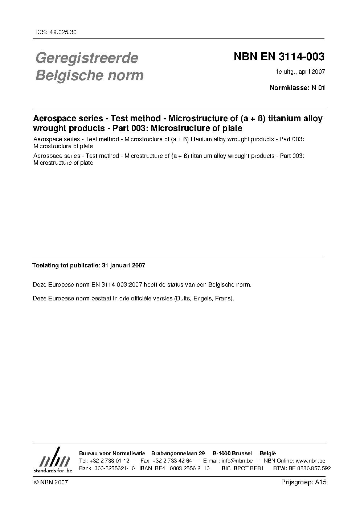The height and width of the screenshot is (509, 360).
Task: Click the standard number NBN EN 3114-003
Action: click(279, 57)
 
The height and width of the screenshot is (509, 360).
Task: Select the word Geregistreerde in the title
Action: click(87, 58)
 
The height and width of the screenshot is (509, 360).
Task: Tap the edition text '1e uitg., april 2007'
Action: click(300, 72)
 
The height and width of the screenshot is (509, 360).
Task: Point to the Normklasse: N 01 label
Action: click(297, 87)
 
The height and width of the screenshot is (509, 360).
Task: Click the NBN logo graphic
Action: click(54, 460)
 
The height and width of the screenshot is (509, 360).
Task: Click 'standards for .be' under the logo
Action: click(53, 470)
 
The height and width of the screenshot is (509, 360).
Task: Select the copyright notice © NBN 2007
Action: click(50, 482)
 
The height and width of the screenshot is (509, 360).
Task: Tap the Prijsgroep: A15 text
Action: click(304, 482)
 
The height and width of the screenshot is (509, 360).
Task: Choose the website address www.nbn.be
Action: click(308, 461)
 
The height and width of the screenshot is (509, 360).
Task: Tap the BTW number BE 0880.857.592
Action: click(310, 468)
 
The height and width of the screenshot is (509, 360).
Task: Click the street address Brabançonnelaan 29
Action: click(178, 453)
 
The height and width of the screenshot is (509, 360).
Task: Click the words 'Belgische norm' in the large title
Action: click(89, 76)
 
